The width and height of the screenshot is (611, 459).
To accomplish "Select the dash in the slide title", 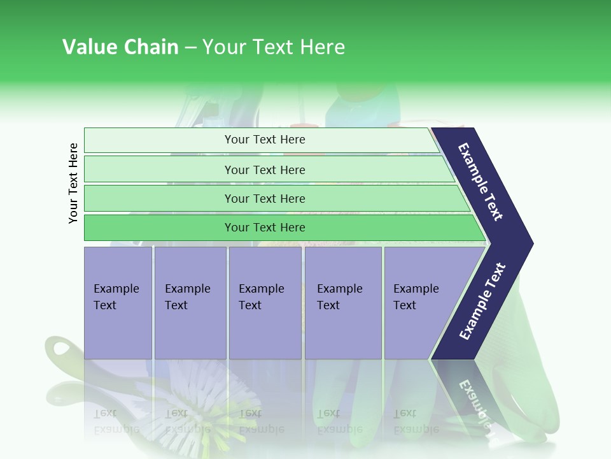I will [190, 48].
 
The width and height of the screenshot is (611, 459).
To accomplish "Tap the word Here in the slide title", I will [322, 47].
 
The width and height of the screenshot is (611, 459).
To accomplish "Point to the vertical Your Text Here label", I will [73, 184].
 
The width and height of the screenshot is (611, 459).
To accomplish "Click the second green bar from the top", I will [265, 170].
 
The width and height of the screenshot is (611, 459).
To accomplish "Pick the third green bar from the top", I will [265, 198].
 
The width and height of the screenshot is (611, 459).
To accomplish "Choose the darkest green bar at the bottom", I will [265, 228].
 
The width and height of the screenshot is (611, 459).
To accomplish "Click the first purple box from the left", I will [118, 302].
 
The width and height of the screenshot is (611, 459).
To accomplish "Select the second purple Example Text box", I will [190, 302].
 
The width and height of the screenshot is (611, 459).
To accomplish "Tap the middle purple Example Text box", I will [265, 302].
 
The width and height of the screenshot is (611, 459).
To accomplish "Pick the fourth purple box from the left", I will [343, 302].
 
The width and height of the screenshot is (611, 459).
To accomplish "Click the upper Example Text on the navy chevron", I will [481, 182].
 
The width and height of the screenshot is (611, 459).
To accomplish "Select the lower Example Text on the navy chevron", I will [482, 302].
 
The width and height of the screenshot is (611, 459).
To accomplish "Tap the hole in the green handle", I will [62, 348].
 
